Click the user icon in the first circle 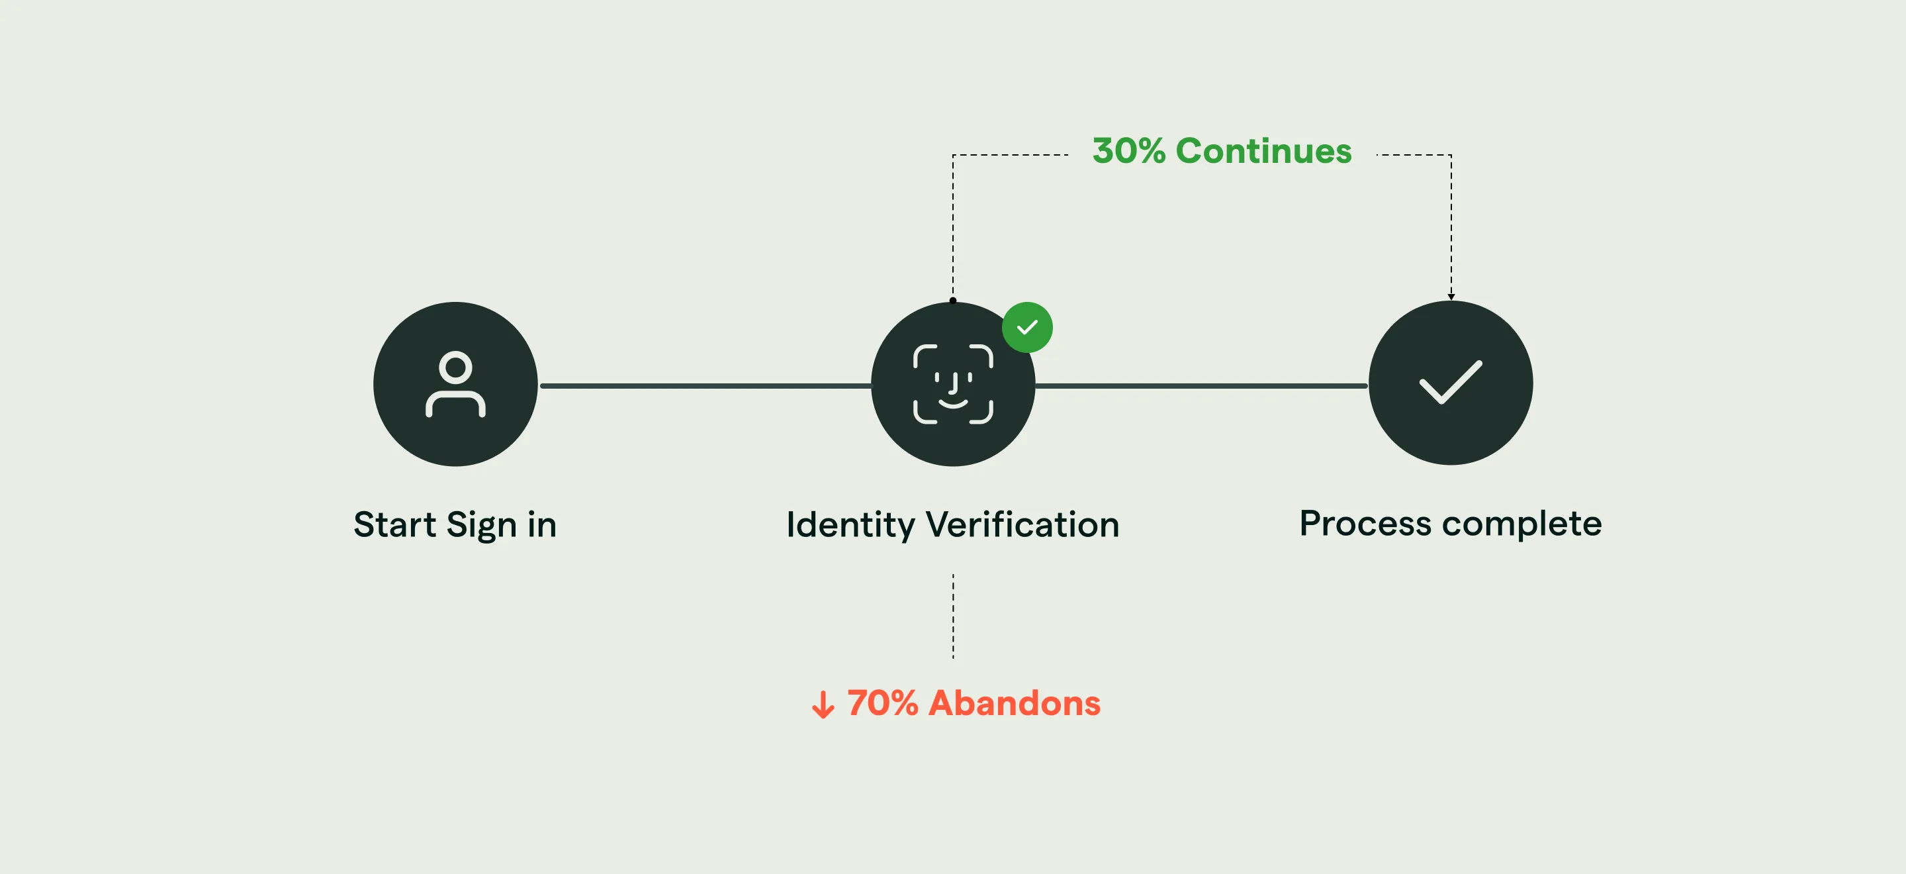455,384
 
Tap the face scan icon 953,384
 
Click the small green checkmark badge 1027,327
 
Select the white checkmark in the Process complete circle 1450,382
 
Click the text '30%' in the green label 1128,151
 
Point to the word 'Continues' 1263,151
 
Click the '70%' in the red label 882,703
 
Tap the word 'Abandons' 1015,703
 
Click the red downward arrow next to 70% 823,704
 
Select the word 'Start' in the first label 394,524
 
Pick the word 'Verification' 1022,524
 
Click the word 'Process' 1365,523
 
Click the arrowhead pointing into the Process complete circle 1451,297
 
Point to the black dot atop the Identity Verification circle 953,301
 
